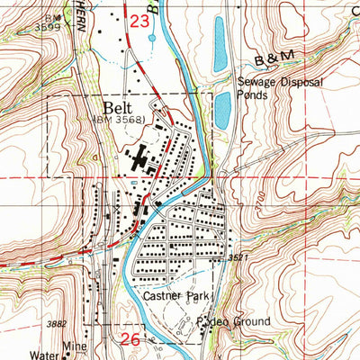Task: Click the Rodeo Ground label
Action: coord(221,320)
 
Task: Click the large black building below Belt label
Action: coord(142,162)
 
